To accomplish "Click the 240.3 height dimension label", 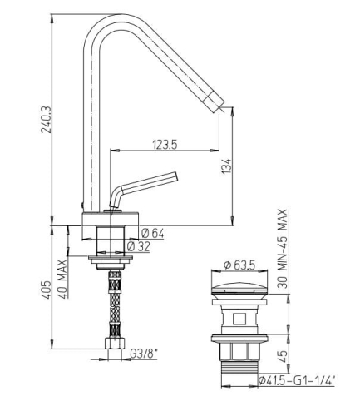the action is [47, 120].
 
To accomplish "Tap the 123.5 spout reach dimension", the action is [165, 145].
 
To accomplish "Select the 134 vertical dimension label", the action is [226, 166].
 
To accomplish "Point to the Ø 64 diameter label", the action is [153, 234].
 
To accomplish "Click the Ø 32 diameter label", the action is [138, 246].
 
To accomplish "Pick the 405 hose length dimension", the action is [46, 290].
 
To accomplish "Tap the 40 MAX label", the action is [63, 279].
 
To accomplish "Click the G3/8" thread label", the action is [144, 354].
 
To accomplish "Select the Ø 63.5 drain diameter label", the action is [239, 265].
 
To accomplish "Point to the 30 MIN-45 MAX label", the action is [283, 249].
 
